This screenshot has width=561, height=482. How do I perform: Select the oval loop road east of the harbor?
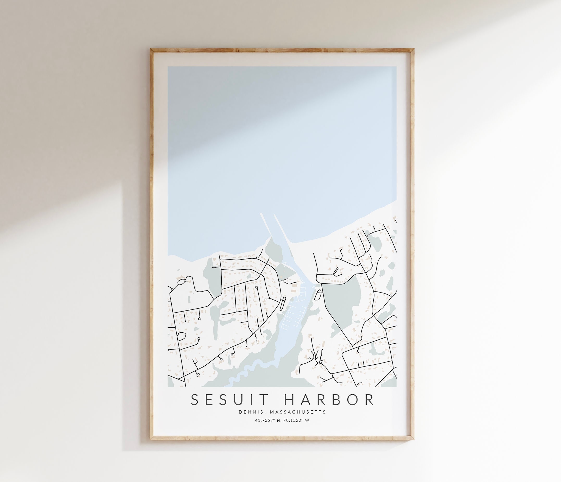tap(319, 294)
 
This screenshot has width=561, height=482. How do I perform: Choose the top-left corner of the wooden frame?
tap(151, 49)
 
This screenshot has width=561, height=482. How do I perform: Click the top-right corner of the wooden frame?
tap(413, 49)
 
